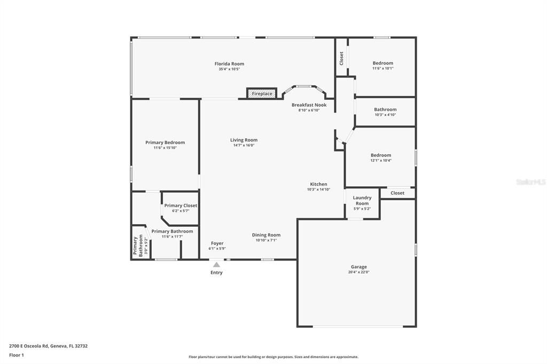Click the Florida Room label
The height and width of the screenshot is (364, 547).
(x=229, y=64)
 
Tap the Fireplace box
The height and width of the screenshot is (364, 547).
(x=262, y=93)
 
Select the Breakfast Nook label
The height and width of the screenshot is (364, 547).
(x=309, y=105)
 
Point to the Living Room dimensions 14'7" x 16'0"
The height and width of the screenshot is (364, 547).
(x=244, y=145)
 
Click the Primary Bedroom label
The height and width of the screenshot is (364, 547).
(x=165, y=143)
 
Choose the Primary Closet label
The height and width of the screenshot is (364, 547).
(x=181, y=205)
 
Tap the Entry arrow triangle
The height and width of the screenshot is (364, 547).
(x=216, y=264)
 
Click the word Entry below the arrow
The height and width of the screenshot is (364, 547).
(x=216, y=273)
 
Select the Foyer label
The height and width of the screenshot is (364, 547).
(x=217, y=243)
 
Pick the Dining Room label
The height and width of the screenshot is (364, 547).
(x=266, y=235)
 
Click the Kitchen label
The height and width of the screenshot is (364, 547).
(x=318, y=184)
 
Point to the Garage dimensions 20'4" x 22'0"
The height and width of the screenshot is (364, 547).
(x=358, y=272)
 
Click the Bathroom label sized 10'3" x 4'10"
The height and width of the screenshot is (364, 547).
(x=385, y=109)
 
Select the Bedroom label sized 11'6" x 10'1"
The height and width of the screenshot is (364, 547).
(x=382, y=63)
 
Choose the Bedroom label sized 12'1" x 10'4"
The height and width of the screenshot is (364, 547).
(x=381, y=155)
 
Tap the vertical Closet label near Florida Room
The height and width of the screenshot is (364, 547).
(x=341, y=58)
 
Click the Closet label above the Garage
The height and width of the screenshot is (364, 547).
(x=397, y=193)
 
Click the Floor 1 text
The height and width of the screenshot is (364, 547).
(x=17, y=355)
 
